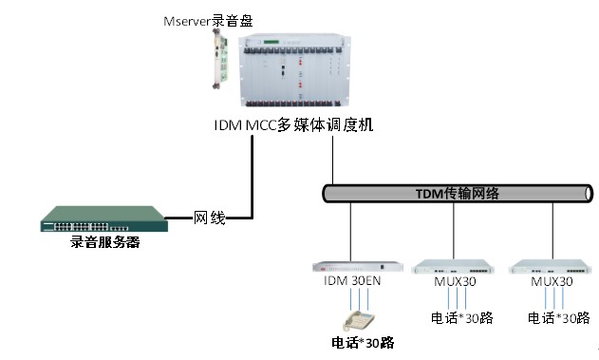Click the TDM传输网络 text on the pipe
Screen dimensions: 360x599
point(458,193)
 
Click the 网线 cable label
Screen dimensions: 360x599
point(210,218)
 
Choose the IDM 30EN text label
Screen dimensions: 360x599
point(353,282)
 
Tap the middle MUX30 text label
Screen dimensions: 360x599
point(454,282)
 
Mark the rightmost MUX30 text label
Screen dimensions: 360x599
point(552,282)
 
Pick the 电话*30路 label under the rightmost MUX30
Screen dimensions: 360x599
point(558,317)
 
